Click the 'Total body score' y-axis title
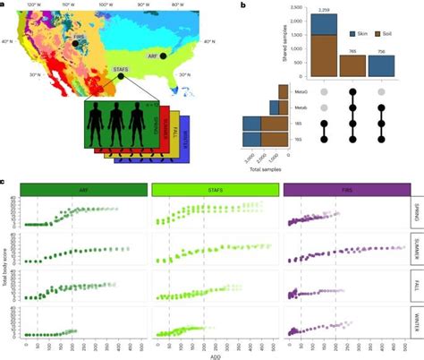click(6, 268)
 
